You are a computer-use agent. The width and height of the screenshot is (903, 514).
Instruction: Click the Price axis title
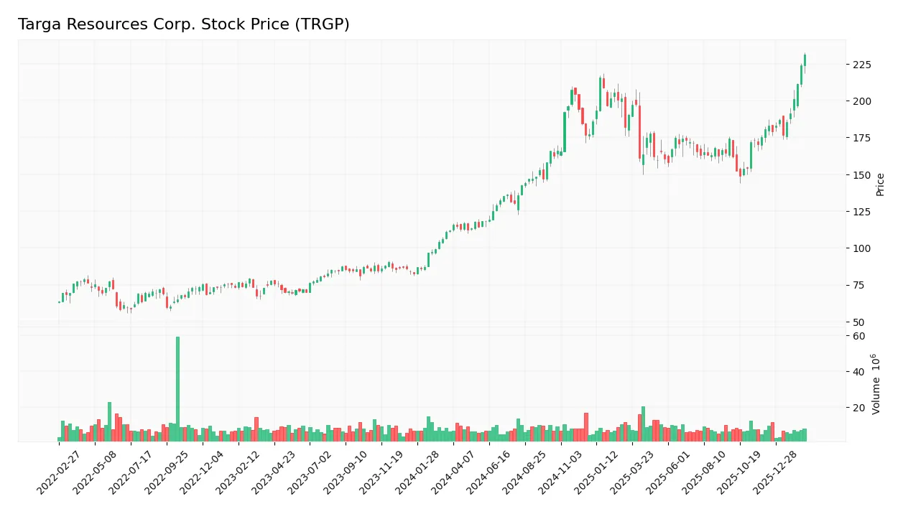881,184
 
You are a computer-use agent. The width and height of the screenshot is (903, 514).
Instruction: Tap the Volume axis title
876,383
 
